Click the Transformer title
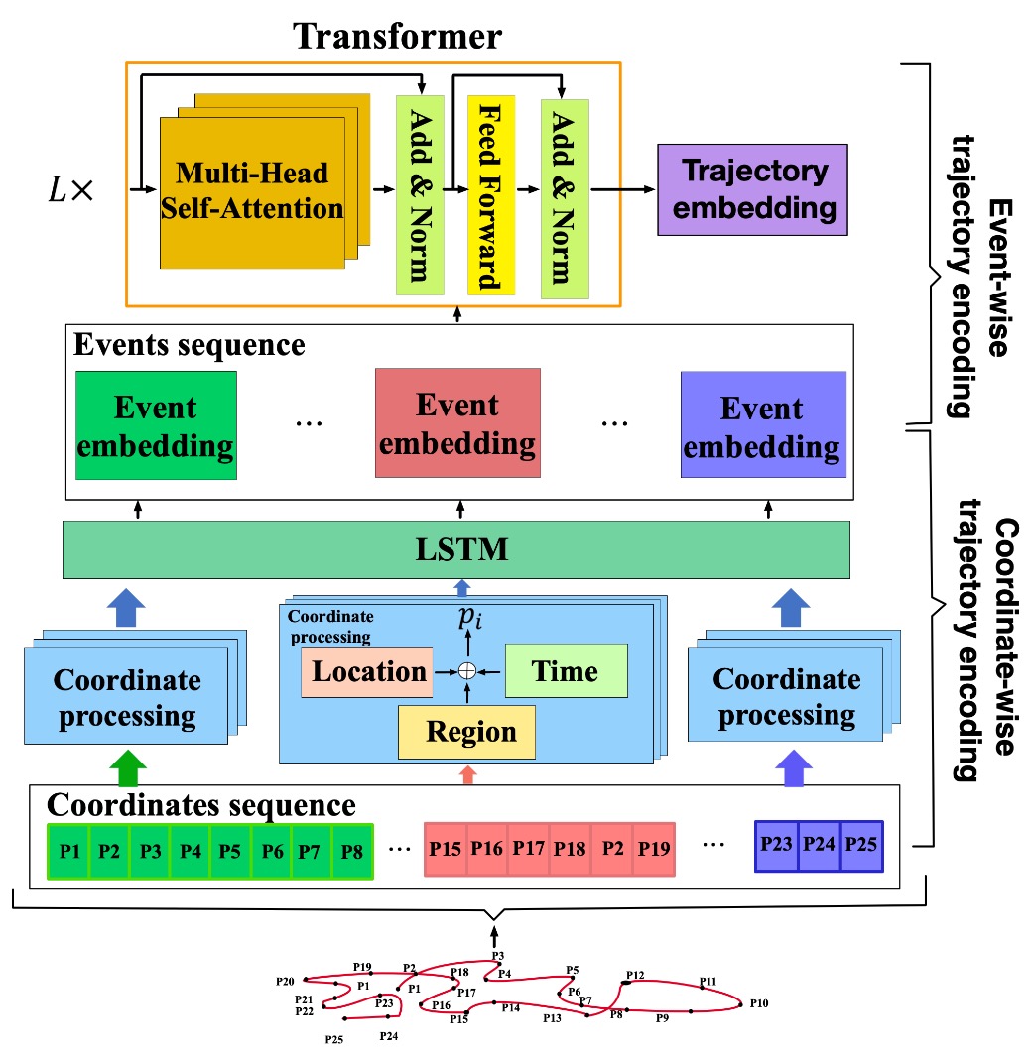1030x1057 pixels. pyautogui.click(x=397, y=37)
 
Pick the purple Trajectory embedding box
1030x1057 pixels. pyautogui.click(x=753, y=189)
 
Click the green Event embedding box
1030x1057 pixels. pyautogui.click(x=156, y=425)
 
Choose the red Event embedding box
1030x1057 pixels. pyautogui.click(x=457, y=423)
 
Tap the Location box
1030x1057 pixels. pyautogui.click(x=367, y=671)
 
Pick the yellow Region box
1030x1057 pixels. pyautogui.click(x=466, y=732)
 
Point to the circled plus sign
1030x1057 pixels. pyautogui.click(x=466, y=671)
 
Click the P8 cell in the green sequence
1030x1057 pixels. pyautogui.click(x=351, y=851)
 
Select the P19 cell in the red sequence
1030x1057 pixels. pyautogui.click(x=652, y=850)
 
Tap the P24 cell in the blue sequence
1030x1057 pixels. pyautogui.click(x=820, y=846)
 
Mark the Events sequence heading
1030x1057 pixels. pyautogui.click(x=190, y=346)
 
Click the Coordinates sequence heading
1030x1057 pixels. pyautogui.click(x=201, y=804)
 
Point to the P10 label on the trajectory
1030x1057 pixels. pyautogui.click(x=758, y=1003)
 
